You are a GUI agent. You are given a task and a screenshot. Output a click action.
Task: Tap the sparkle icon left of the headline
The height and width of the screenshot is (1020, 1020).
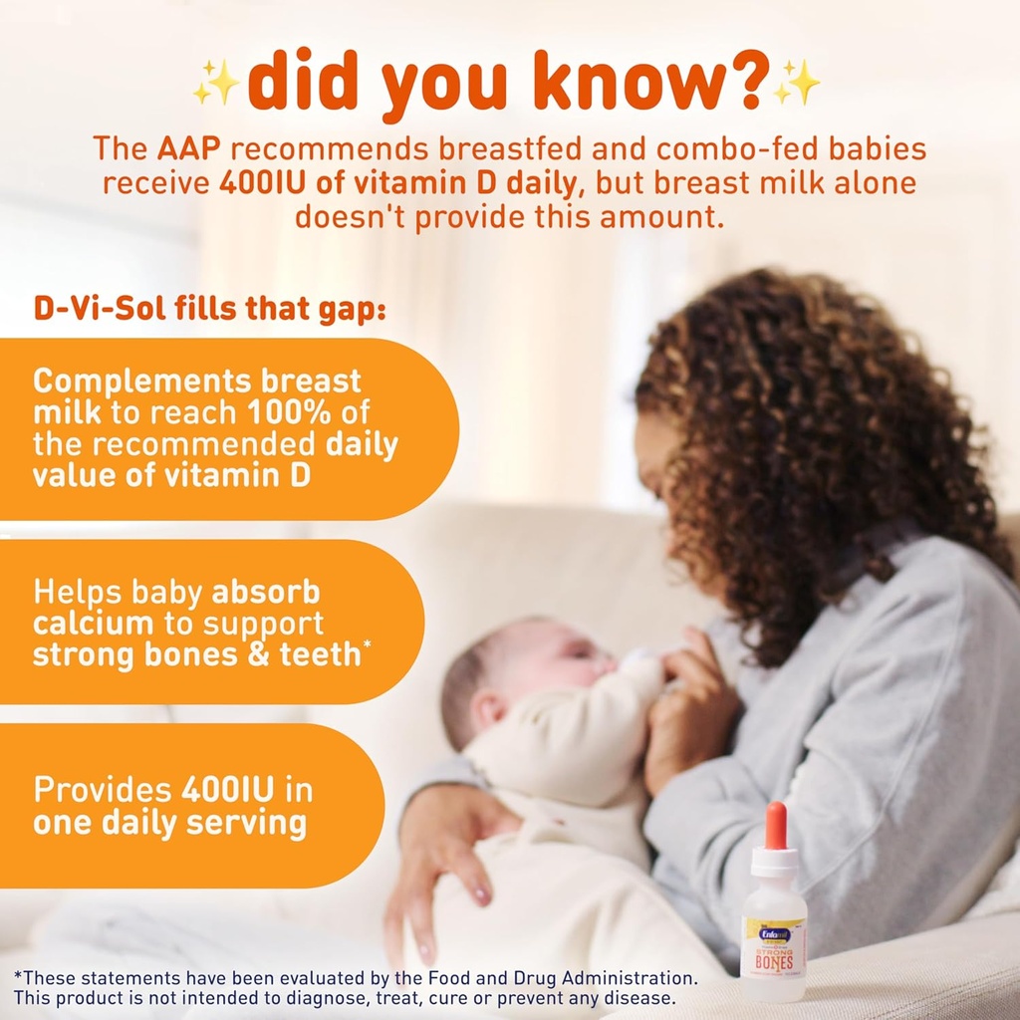click(215, 84)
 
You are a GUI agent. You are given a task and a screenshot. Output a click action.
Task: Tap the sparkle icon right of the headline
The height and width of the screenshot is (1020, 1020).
click(797, 82)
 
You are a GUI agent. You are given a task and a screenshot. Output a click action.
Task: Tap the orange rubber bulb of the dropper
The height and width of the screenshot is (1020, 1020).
click(775, 824)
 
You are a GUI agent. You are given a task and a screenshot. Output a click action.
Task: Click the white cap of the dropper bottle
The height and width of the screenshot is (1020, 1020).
click(774, 862)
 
